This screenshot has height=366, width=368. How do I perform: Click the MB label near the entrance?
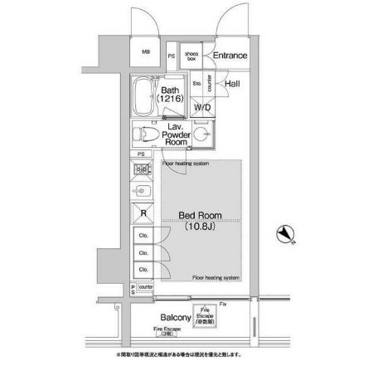[147, 51]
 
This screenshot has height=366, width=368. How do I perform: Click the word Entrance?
[230, 56]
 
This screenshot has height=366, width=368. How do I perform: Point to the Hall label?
[232, 83]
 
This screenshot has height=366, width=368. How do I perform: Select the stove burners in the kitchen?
[141, 172]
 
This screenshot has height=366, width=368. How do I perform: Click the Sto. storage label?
[197, 83]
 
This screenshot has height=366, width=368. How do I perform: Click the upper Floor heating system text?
[185, 163]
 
